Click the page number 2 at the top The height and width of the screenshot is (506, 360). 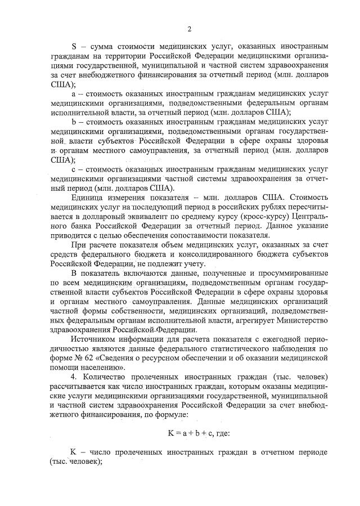tap(190, 29)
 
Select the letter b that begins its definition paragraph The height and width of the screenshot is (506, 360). tap(74, 122)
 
